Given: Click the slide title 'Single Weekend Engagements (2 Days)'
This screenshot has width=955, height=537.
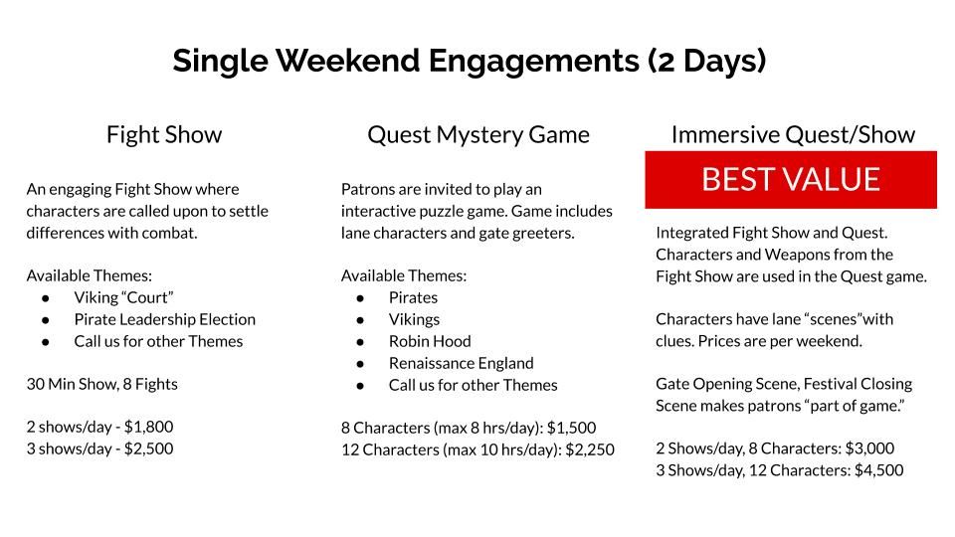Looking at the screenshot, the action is [469, 61].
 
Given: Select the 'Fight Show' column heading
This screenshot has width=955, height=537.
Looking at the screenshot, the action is [164, 134].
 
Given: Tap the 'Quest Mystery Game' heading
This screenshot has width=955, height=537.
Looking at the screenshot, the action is [478, 135].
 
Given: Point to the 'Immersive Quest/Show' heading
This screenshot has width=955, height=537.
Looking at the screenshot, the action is [793, 135].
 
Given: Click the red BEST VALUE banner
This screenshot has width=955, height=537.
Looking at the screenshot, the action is [791, 180].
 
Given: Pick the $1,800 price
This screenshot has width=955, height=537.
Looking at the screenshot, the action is [148, 427].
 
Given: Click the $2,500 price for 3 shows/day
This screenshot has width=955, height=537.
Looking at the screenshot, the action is [148, 448].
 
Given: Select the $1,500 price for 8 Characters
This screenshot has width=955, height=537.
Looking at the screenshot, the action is [571, 428].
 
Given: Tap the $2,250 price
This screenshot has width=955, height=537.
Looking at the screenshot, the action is [590, 449].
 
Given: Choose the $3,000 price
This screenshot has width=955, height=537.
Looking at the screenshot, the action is [869, 448].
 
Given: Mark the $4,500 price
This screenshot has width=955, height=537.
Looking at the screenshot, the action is [878, 470].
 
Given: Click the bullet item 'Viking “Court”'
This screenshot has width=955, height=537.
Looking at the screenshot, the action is [123, 297].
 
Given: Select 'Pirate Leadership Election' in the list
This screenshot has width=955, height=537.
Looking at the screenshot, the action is [165, 319].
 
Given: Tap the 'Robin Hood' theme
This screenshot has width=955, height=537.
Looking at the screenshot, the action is [430, 341].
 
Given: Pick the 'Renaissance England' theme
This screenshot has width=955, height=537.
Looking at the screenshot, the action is [461, 364].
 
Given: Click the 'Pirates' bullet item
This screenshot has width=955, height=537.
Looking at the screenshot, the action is [414, 297].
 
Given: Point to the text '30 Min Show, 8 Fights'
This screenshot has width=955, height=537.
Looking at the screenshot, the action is [102, 384].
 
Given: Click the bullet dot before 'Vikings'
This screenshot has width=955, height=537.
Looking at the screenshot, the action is [360, 320].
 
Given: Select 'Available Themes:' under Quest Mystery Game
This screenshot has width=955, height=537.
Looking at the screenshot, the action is [404, 275].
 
